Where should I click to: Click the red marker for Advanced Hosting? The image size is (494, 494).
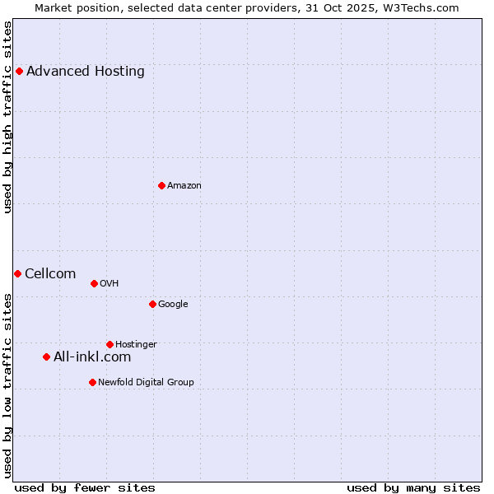[19, 71]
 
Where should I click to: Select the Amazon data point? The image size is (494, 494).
[161, 185]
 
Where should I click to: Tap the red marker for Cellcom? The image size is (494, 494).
[17, 273]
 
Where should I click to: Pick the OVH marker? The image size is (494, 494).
[94, 283]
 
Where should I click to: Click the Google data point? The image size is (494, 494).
[152, 304]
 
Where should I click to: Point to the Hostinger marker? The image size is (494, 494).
[110, 344]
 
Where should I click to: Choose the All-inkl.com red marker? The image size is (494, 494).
[46, 357]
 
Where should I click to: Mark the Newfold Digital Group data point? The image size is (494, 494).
[92, 382]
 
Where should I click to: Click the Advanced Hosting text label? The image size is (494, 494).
[86, 71]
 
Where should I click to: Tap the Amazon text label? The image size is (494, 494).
[184, 185]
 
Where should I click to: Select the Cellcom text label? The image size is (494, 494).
[50, 273]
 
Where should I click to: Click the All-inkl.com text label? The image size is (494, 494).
[92, 357]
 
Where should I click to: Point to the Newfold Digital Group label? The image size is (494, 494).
[146, 382]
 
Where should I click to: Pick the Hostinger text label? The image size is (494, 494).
[136, 344]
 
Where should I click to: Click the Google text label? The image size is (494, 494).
[173, 304]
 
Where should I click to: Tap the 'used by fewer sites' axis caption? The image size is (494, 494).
[85, 487]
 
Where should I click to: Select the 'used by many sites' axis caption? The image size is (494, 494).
[413, 487]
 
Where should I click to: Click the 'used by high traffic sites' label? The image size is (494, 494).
[7, 117]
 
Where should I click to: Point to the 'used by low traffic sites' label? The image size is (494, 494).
[7, 385]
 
